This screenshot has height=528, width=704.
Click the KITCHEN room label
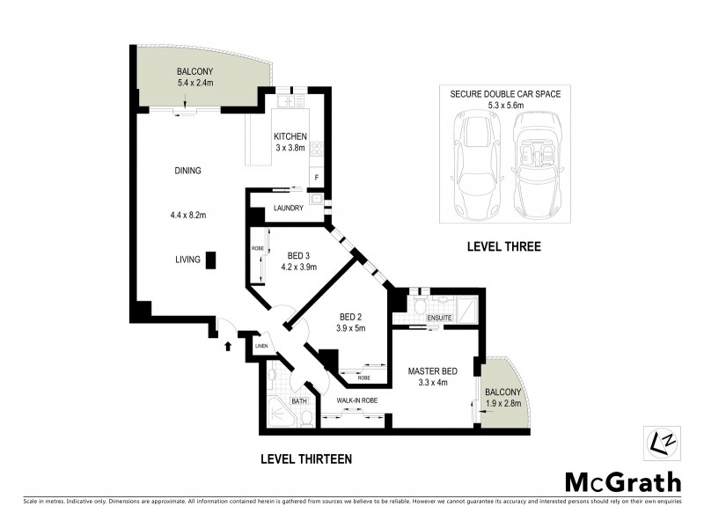tap(290, 136)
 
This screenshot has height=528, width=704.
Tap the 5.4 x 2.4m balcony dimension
tap(194, 84)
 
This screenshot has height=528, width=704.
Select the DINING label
tap(187, 171)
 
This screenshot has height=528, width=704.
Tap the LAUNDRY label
tap(289, 209)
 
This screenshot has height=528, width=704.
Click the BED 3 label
tap(297, 255)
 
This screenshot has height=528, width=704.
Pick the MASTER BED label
tap(428, 370)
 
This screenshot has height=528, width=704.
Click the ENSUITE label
tap(439, 317)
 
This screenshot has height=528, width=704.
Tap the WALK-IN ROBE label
tap(356, 400)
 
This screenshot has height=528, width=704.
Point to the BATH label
tap(298, 401)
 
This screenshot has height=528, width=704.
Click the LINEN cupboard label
tap(261, 347)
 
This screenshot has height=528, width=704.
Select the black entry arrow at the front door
tap(228, 346)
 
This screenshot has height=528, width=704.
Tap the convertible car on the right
tap(539, 167)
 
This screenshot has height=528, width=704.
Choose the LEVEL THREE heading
tap(503, 247)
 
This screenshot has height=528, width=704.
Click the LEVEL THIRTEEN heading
tap(306, 458)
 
